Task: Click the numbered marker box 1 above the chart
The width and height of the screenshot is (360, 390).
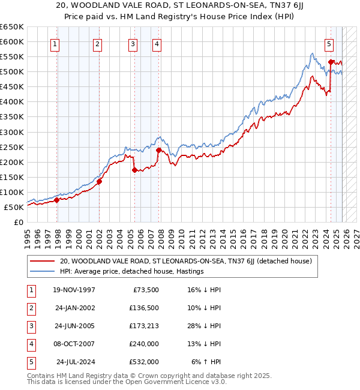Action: tap(55, 43)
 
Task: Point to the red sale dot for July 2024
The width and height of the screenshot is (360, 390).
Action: tap(331, 62)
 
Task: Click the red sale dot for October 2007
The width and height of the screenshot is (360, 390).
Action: tap(158, 150)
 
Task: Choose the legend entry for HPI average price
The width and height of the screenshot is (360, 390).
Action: tap(132, 271)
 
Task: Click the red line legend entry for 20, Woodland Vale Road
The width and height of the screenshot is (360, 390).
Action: tap(185, 261)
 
